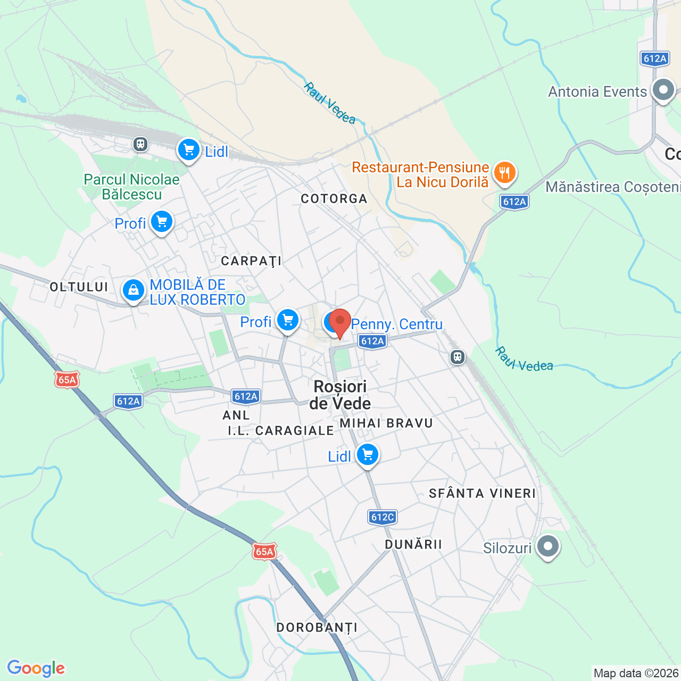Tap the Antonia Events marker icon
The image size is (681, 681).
663,90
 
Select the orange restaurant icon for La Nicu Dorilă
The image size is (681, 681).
504,173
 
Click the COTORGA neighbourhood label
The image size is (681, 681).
334,199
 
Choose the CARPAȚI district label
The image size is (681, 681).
251,261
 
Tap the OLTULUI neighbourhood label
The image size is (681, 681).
79,287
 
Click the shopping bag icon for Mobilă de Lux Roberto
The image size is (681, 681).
133,290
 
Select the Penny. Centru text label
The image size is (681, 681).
397,324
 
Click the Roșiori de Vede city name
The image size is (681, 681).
340,395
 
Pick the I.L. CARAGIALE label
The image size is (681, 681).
281,431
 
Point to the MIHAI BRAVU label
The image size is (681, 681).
386,423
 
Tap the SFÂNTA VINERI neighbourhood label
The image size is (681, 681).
483,494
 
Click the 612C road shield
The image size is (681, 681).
383,517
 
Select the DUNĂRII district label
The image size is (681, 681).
413,544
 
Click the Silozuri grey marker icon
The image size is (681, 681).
548,546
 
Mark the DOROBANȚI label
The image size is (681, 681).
317,628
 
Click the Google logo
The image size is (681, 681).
36,668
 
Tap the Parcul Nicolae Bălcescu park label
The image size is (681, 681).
132,187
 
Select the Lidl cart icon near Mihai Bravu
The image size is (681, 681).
367,455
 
